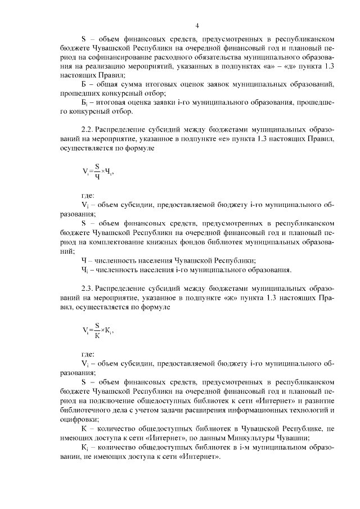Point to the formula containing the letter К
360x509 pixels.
pos(97,328)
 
